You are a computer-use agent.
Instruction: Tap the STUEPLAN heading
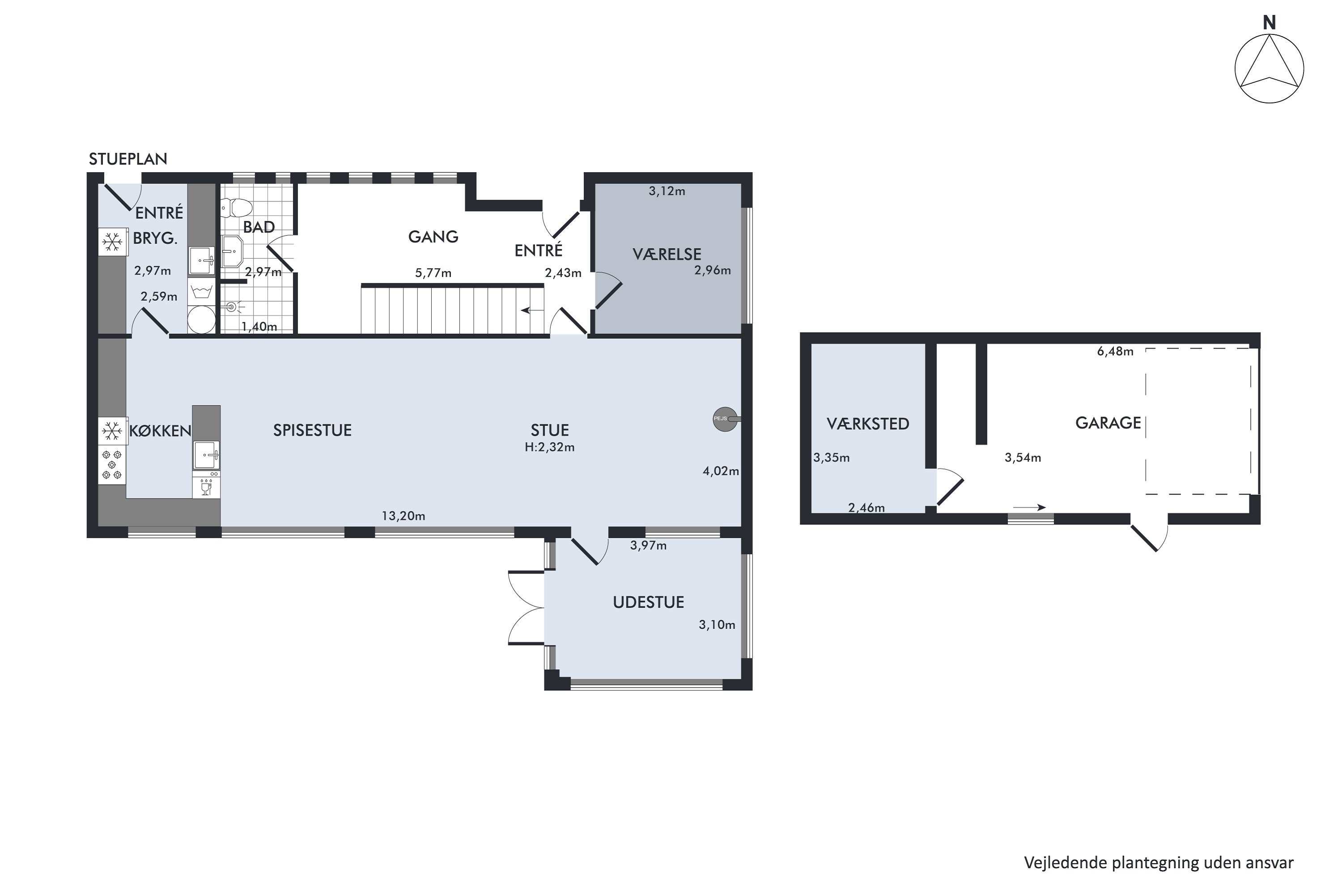click(128, 159)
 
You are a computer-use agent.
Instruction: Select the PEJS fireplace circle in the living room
click(725, 419)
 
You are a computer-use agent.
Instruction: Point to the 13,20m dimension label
click(403, 516)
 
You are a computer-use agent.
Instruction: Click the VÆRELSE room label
click(667, 254)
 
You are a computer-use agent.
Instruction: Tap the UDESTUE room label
click(648, 602)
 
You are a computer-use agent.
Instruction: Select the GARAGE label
click(1108, 423)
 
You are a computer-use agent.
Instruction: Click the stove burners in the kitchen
click(112, 465)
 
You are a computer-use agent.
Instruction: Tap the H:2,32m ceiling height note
click(549, 447)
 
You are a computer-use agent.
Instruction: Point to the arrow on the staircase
click(532, 311)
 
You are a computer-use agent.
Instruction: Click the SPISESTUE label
click(312, 430)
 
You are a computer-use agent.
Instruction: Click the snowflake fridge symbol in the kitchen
click(112, 431)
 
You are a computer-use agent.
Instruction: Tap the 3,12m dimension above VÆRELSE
click(667, 191)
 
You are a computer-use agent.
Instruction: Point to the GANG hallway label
click(433, 236)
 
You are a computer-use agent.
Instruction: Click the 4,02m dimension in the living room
click(721, 471)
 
